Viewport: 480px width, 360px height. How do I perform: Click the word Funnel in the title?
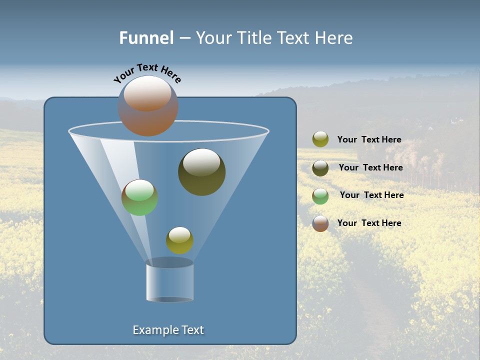click(146, 38)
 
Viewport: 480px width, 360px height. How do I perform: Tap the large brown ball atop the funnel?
click(148, 106)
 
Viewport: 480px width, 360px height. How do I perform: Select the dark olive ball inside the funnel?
click(201, 172)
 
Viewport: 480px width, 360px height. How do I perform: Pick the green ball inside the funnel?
click(139, 197)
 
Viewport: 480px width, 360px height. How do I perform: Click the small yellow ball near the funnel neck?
click(179, 240)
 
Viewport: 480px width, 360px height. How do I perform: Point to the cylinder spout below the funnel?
click(169, 281)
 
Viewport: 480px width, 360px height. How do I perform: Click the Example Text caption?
click(168, 330)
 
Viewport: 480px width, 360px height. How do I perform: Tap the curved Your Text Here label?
click(147, 72)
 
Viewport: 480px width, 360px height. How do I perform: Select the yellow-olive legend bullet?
click(320, 139)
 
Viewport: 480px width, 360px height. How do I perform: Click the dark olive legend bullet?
click(320, 168)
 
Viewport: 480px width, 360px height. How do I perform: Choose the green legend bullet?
click(320, 196)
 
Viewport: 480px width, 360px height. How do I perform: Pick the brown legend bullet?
click(320, 223)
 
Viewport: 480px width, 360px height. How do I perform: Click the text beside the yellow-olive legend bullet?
click(369, 140)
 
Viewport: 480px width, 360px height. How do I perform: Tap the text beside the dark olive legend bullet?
click(370, 168)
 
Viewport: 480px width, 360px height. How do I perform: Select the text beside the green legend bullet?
click(371, 195)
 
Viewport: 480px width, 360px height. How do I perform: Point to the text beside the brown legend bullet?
click(369, 223)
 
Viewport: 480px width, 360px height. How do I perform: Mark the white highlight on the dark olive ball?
click(201, 162)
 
